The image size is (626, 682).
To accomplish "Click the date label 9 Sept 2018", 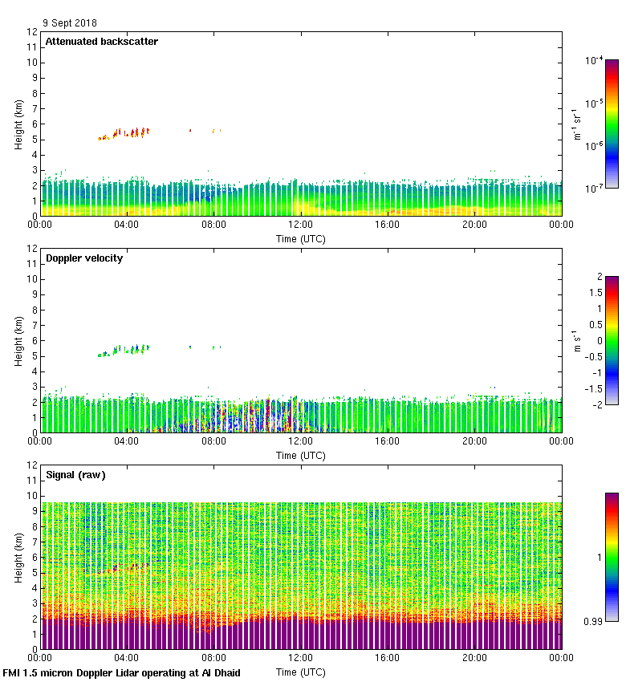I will pos(70,23).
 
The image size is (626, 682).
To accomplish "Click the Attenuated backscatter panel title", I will pos(102,42).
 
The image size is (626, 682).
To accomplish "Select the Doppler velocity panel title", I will pos(84,258).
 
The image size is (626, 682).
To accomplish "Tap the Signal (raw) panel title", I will pos(75,475).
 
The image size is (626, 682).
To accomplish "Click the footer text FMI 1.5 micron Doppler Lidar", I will pos(121,672).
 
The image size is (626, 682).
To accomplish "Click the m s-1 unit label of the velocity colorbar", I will pos(577,340).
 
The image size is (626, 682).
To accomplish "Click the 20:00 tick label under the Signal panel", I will pos(474,659).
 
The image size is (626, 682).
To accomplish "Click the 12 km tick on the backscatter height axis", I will pos(33,32).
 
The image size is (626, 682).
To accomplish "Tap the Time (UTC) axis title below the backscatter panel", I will pos(301,238).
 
